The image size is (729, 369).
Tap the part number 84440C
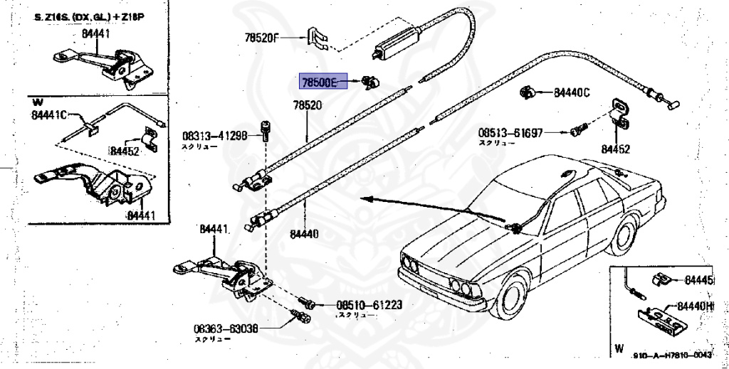click(572, 92)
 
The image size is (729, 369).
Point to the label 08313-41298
click(214, 135)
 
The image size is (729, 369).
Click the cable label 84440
click(305, 232)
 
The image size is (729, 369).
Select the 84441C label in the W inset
click(48, 114)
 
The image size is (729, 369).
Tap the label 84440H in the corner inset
click(695, 306)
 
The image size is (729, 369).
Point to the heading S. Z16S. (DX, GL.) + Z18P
click(84, 16)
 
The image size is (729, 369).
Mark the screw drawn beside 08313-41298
click(266, 129)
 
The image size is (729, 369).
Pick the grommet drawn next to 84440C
click(528, 92)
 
